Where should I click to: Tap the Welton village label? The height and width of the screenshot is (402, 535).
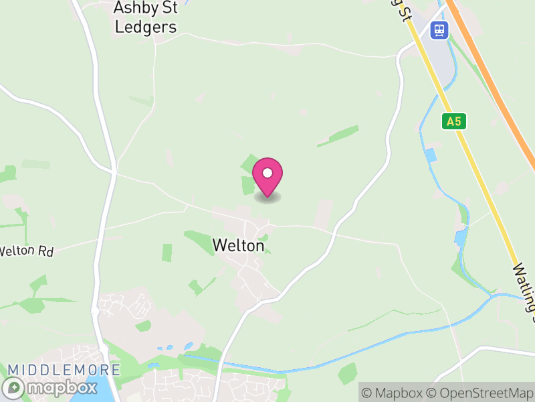239,246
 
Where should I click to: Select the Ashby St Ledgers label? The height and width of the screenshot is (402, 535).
145,17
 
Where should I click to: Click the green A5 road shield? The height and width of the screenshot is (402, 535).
454,121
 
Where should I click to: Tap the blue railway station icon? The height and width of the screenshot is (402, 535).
439,29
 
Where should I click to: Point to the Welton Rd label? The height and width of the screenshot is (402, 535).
25,252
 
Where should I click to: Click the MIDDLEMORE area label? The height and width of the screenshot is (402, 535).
64,370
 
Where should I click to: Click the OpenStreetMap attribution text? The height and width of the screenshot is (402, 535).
479,393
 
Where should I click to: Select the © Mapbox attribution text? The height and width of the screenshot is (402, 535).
395,393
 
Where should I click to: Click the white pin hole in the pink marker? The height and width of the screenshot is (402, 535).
267,172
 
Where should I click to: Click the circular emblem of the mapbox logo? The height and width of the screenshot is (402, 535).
14,388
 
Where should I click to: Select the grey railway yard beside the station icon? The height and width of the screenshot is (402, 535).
435,54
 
